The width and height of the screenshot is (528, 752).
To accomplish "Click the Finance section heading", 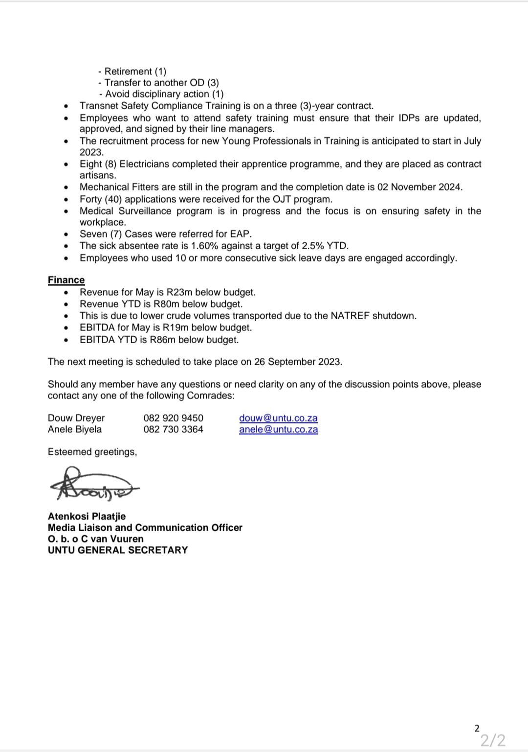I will point(66,280).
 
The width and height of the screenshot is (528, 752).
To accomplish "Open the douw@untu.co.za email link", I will point(278,418).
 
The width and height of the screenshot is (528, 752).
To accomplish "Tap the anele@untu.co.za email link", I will point(278,429).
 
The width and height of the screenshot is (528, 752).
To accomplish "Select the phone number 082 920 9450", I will point(173,418).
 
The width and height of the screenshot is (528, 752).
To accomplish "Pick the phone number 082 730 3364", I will point(173,429).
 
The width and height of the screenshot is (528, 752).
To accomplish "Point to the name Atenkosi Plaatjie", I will point(87,516).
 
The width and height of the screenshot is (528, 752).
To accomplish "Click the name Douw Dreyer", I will point(76,418).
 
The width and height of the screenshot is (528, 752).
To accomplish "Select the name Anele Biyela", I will point(75,429).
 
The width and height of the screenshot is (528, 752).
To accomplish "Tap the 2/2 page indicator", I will point(492,740).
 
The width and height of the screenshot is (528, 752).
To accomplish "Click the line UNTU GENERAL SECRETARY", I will point(118,550).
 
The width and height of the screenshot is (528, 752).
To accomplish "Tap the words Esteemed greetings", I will point(92,452).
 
